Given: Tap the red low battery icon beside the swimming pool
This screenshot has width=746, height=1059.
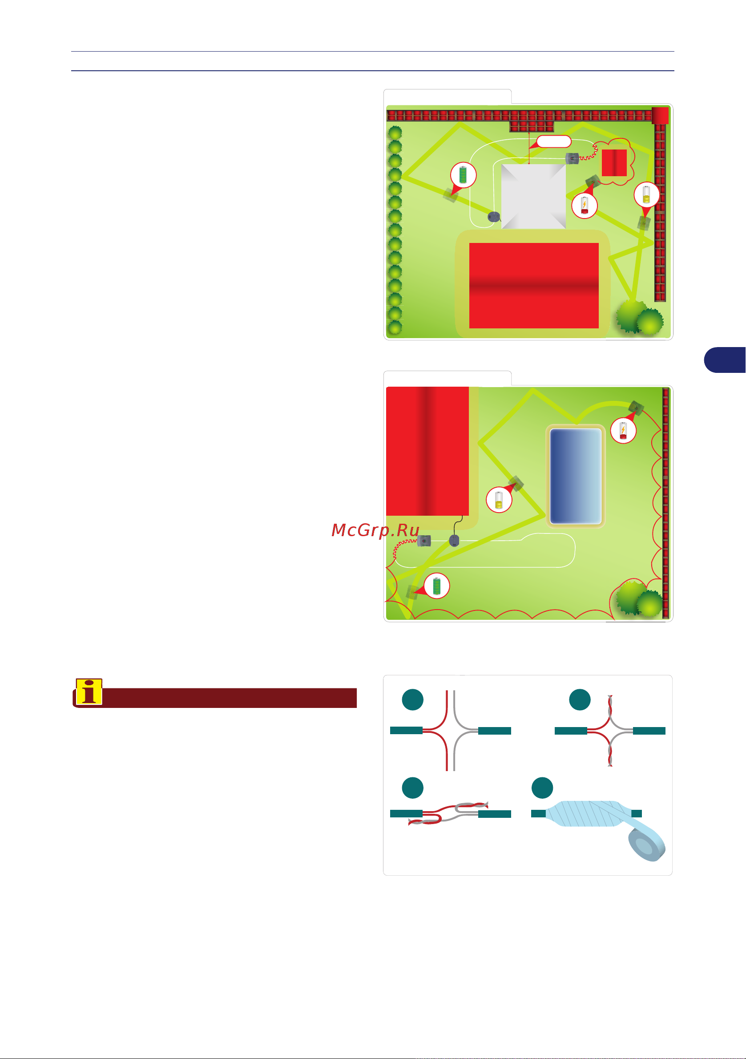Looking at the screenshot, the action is [623, 431].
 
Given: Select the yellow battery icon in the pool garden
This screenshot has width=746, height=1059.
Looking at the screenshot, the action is [499, 500].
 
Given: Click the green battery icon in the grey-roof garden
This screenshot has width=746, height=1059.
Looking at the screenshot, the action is [463, 175].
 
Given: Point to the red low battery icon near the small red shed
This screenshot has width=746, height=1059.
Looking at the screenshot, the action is [584, 205].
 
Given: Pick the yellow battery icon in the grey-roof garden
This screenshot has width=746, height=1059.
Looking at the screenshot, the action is [646, 194].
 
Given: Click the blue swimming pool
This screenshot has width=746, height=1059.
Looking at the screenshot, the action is [576, 476].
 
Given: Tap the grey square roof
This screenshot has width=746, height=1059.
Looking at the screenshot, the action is [533, 197].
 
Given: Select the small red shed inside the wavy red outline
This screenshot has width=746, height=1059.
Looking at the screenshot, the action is [614, 162].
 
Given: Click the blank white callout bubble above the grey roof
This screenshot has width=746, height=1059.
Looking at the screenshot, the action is [554, 141].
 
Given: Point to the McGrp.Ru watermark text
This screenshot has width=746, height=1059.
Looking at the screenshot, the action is [375, 530].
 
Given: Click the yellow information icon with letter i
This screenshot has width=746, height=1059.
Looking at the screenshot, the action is [89, 692].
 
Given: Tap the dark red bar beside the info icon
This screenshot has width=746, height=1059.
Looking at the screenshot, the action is [229, 698].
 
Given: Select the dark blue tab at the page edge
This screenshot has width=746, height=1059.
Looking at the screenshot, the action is [725, 360].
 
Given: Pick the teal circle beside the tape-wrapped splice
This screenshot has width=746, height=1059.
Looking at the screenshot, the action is [542, 788].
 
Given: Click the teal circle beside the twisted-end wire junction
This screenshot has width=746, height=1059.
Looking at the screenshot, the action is [580, 699].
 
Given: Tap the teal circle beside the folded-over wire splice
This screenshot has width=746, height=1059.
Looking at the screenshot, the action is [413, 788].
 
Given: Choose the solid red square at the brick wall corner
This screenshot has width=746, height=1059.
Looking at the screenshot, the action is [660, 115].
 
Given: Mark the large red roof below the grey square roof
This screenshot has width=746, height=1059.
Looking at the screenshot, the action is [534, 286].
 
